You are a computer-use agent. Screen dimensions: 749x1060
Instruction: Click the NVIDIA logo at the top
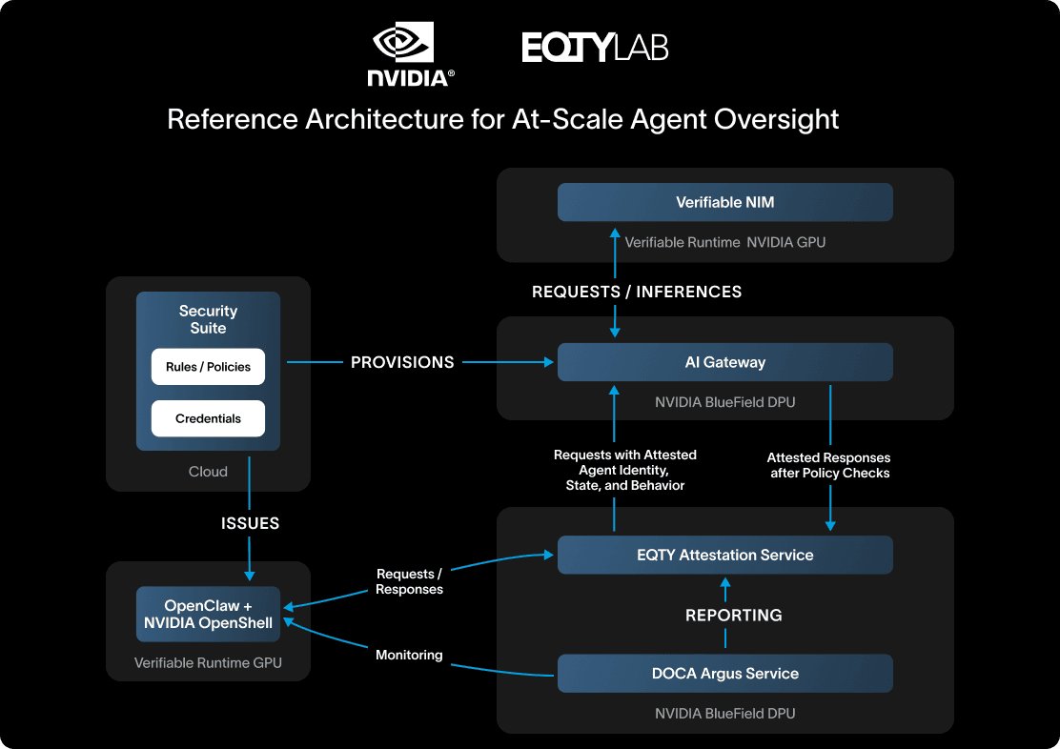[x=411, y=55]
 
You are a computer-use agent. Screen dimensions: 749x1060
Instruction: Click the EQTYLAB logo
[x=595, y=48]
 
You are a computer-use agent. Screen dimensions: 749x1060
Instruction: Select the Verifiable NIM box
[x=724, y=203]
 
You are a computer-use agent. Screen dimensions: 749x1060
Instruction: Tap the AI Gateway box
[x=724, y=362]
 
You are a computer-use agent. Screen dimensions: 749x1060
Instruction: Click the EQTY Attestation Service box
[x=724, y=555]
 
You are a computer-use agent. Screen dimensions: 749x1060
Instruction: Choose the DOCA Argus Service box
[x=724, y=674]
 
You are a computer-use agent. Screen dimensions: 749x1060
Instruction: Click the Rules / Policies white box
[x=208, y=367]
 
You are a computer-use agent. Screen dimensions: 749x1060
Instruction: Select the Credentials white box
[x=208, y=418]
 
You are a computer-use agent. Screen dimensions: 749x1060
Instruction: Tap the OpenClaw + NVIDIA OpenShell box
[x=208, y=615]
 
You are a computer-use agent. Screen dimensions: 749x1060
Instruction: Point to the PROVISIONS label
[x=402, y=362]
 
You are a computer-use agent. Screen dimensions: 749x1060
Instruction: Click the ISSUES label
[x=250, y=523]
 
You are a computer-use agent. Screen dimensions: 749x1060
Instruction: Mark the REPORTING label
[x=734, y=616]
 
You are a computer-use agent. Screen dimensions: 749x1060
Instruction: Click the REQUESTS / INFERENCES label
[x=637, y=292]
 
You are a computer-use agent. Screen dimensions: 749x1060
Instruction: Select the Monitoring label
[x=409, y=656]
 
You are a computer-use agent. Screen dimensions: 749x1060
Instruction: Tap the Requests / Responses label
[x=409, y=581]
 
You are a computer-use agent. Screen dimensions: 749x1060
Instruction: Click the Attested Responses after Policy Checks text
[x=829, y=465]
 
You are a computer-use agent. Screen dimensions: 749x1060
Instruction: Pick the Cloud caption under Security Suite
[x=208, y=472]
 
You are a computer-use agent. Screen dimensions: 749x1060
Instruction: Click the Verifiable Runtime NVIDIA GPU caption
[x=724, y=242]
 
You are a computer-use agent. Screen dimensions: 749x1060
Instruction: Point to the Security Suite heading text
[x=208, y=319]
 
